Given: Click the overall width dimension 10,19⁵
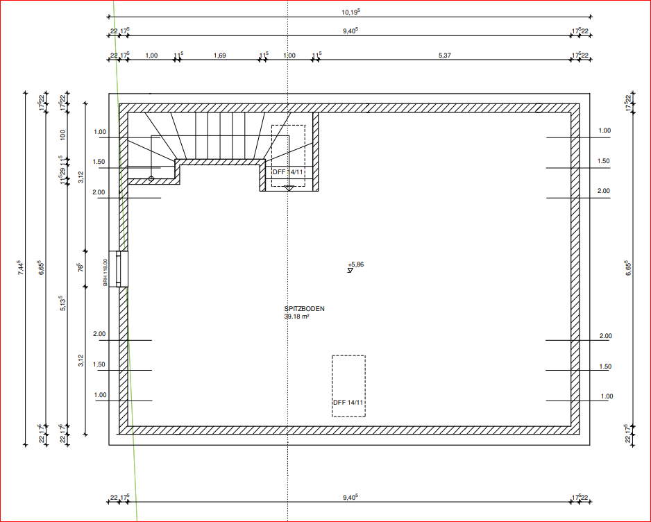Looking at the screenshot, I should pos(350,11).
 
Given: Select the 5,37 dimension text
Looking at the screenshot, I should pos(445,55).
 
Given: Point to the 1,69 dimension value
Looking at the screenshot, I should pos(219,55).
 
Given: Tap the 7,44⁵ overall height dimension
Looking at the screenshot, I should pos(21,268).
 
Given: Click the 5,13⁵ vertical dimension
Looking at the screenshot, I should pos(63,302).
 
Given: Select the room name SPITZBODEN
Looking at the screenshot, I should pos(304,309).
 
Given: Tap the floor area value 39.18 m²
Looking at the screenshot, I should pos(296,317).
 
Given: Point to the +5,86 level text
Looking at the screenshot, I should pos(356,264).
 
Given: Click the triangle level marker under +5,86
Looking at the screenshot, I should pos(350,270).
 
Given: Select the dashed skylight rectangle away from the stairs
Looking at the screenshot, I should pos(348,385).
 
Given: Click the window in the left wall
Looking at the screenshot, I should pos(122,269).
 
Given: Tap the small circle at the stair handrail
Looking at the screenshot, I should pos(151,179).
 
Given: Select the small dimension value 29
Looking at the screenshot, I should pos(63,171).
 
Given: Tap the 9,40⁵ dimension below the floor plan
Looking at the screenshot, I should pos(350,497).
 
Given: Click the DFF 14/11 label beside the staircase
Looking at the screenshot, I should pos(288,171).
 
